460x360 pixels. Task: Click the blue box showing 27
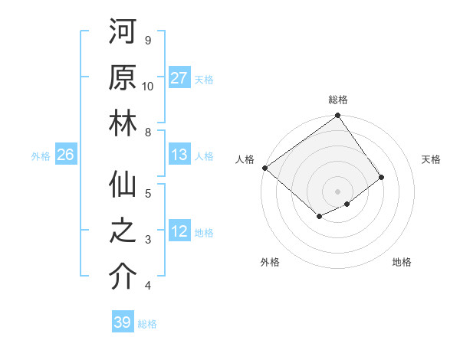pyautogui.click(x=179, y=78)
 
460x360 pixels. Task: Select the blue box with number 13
pyautogui.click(x=179, y=155)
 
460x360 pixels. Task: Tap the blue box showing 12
pyautogui.click(x=179, y=231)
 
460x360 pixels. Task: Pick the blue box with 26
pyautogui.click(x=65, y=155)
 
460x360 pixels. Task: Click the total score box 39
pyautogui.click(x=122, y=322)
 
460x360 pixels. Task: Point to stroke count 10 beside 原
pyautogui.click(x=148, y=87)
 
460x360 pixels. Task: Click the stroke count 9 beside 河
pyautogui.click(x=148, y=40)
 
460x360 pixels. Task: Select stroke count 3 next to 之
pyautogui.click(x=148, y=240)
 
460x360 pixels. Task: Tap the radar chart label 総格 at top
pyautogui.click(x=338, y=100)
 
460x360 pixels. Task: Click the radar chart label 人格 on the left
pyautogui.click(x=245, y=159)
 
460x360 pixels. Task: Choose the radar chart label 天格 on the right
pyautogui.click(x=431, y=159)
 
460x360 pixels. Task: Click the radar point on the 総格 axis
pyautogui.click(x=338, y=116)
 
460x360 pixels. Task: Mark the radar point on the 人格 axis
pyautogui.click(x=264, y=168)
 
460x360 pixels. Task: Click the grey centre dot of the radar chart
pyautogui.click(x=338, y=191)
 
